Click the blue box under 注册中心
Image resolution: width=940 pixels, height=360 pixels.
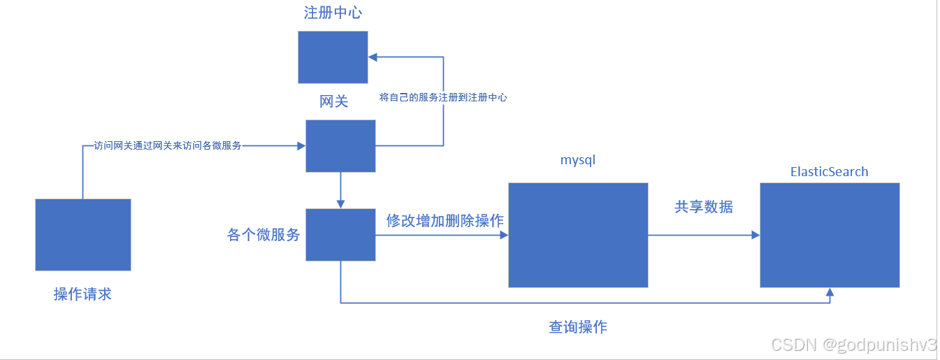pos(333,57)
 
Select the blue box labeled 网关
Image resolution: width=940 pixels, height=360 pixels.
pos(340,145)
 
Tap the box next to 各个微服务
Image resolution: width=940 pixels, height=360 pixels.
pos(340,235)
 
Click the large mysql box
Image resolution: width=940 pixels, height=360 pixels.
pos(578,235)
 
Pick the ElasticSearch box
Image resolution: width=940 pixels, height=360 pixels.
pos(830,235)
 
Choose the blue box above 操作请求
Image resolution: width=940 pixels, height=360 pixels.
pos(83,234)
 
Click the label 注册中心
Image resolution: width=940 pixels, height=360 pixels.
pos(333,13)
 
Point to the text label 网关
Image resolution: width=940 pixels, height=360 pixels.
pos(333,101)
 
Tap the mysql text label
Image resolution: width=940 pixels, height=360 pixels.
pos(578,160)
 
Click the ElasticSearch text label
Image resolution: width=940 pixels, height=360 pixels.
pos(829,171)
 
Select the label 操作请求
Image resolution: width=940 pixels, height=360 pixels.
pos(82,294)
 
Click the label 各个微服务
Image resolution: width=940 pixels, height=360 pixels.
pos(263,235)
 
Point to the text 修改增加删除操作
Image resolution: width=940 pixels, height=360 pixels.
pos(445,221)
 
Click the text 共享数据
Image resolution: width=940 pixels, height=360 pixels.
pos(704,207)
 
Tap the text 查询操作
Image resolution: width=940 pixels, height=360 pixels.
pos(578,326)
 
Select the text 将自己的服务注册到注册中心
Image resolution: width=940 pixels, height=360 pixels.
pos(443,98)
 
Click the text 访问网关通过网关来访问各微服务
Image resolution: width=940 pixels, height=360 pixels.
pos(168,146)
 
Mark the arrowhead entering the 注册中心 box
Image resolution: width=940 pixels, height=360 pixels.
pos(373,57)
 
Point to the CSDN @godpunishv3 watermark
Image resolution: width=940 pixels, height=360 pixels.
pos(853,344)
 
